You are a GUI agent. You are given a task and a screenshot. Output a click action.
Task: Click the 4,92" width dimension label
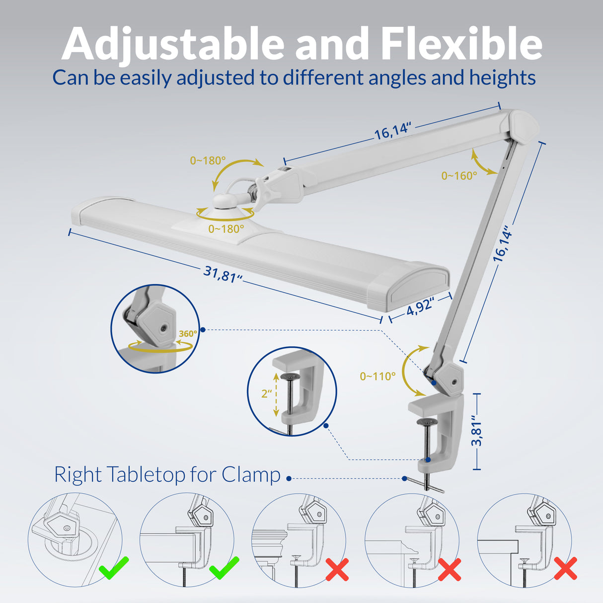(420, 307)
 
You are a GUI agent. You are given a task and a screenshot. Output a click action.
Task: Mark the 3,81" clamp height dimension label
(477, 431)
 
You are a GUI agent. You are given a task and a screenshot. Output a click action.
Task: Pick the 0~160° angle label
(459, 175)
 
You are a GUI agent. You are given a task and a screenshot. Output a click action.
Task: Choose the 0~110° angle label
(377, 377)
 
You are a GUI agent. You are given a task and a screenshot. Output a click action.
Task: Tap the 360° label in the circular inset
(187, 334)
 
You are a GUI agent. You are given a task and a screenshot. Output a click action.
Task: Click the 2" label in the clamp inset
(267, 393)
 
